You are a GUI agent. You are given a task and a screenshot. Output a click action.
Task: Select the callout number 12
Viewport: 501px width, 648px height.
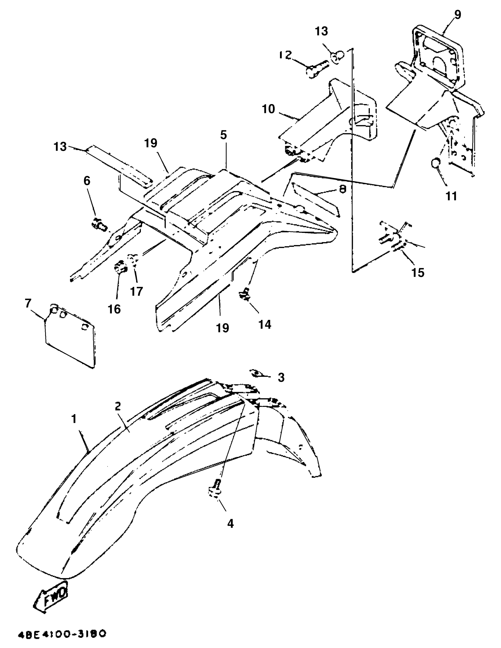[x=285, y=55]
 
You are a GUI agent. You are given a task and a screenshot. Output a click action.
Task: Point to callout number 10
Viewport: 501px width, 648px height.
[x=268, y=109]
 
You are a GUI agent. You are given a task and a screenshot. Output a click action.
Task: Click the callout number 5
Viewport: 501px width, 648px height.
[x=223, y=135]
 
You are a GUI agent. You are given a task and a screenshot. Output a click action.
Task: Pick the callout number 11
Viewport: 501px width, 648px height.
[x=451, y=196]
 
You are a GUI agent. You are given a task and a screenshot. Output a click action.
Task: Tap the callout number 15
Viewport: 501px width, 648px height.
[x=418, y=272]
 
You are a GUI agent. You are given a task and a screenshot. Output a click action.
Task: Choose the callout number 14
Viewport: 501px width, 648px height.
[x=265, y=324]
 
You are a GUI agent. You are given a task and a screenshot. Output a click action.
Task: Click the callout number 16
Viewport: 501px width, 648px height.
[x=115, y=309]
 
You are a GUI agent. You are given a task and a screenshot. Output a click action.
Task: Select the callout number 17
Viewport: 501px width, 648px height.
[x=137, y=291]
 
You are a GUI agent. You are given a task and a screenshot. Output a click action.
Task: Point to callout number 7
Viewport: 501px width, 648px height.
[x=28, y=304]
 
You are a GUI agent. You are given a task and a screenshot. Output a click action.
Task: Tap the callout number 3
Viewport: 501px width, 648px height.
[x=281, y=377]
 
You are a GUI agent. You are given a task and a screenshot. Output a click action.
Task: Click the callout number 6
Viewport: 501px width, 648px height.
[x=87, y=181]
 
